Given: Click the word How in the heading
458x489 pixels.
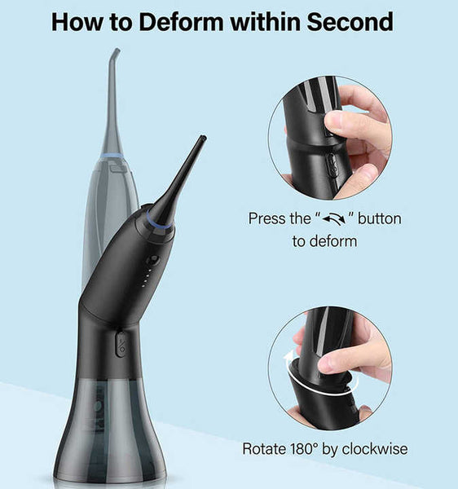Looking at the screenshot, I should pyautogui.click(x=79, y=22).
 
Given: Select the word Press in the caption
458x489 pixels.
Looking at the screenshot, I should pyautogui.click(x=267, y=219).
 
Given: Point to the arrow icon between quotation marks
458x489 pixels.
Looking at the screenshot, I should pyautogui.click(x=335, y=220).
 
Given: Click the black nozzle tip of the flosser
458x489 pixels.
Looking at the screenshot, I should pyautogui.click(x=201, y=140).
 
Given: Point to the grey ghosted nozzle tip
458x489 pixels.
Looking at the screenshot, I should pyautogui.click(x=117, y=54).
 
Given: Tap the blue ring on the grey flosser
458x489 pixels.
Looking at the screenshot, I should pyautogui.click(x=112, y=155).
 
